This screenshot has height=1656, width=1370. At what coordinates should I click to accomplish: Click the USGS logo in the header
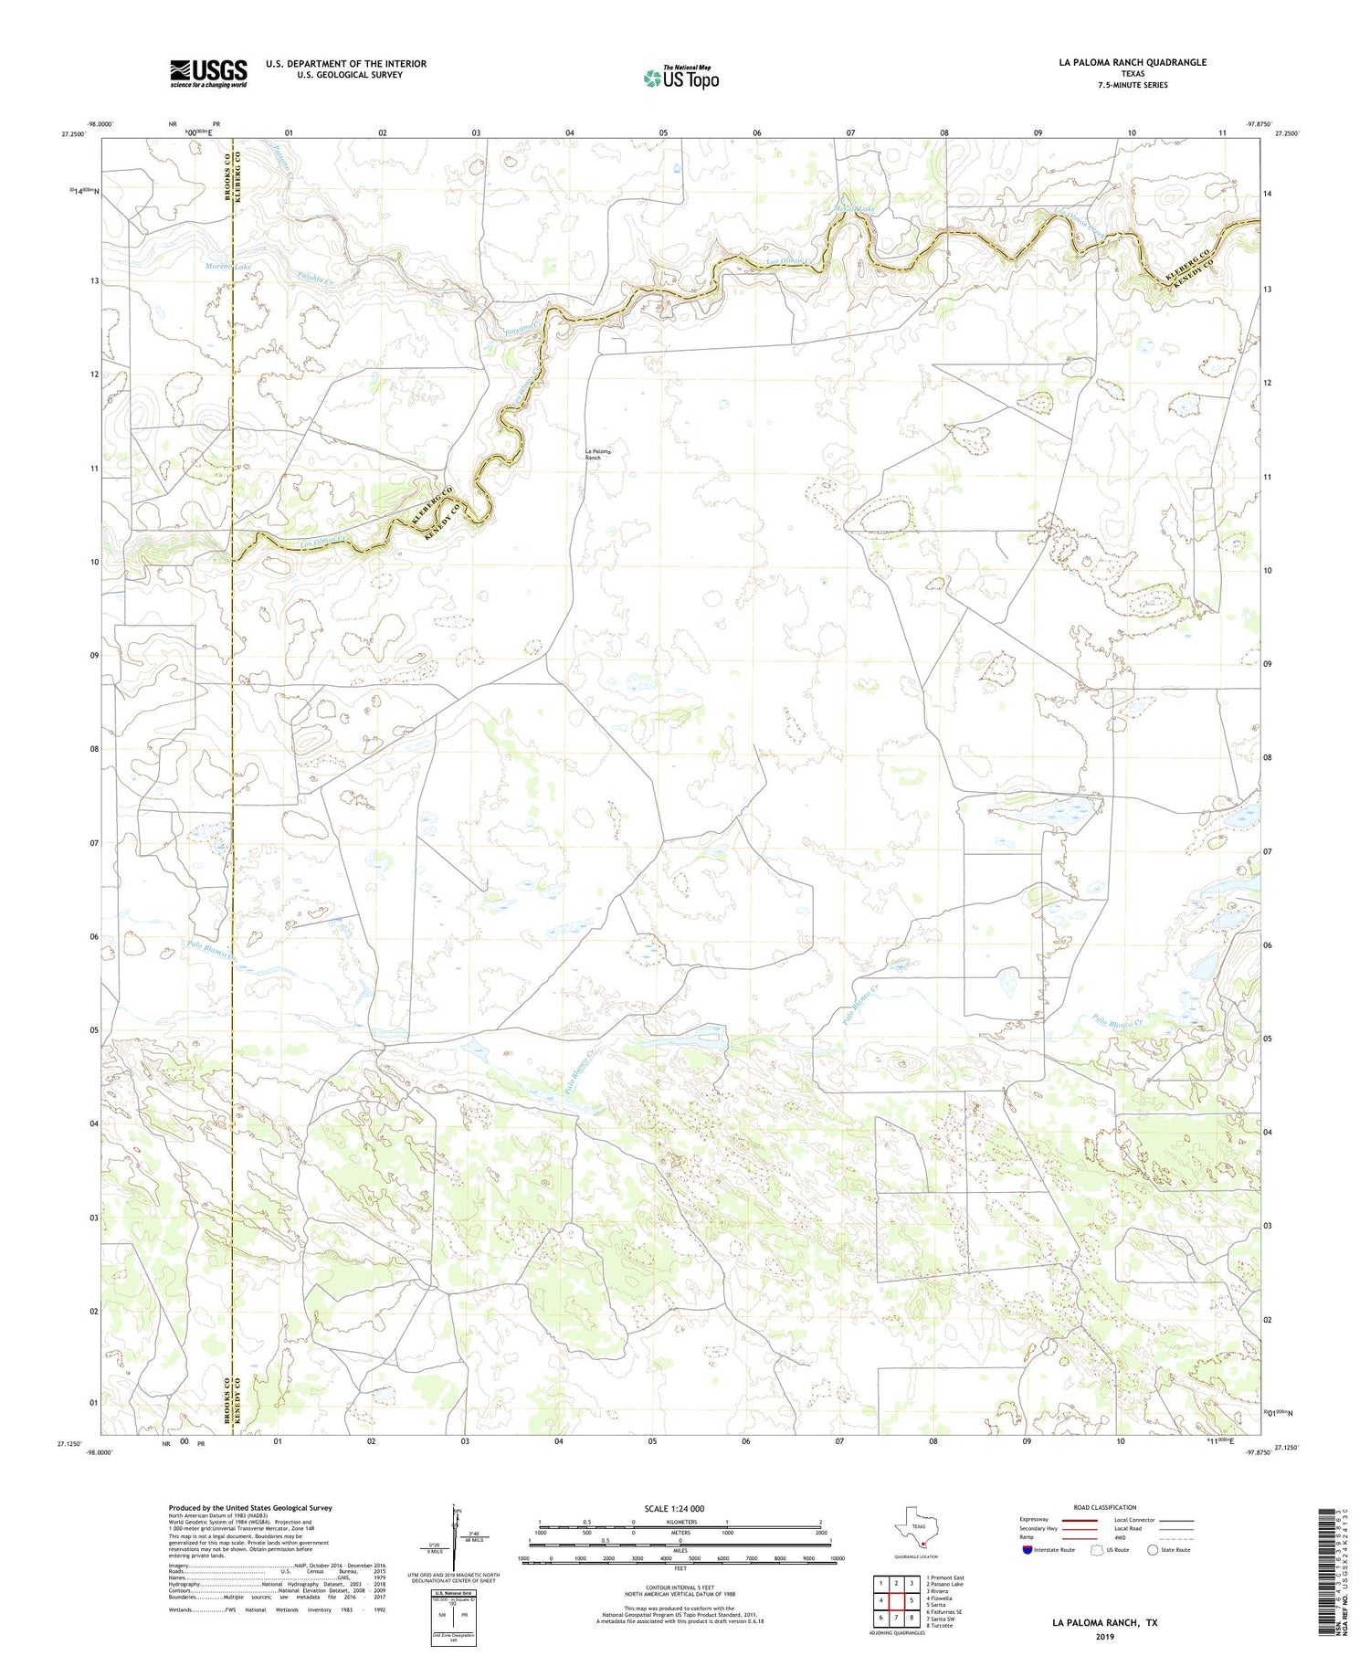click(208, 73)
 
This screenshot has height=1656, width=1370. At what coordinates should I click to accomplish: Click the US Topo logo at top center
click(680, 78)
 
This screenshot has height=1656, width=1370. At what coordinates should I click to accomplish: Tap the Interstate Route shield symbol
click(1027, 1549)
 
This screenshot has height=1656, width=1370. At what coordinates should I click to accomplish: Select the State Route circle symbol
click(1153, 1549)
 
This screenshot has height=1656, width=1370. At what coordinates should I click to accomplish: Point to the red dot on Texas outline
click(922, 1545)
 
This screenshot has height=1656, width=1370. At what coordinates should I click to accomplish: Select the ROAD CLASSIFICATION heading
click(1104, 1507)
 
